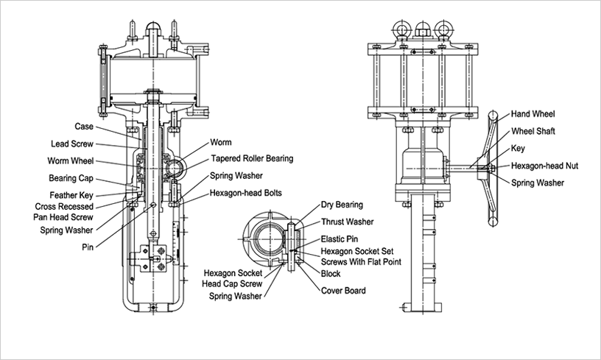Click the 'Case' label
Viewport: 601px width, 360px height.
(83, 126)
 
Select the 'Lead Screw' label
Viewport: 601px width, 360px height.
(71, 144)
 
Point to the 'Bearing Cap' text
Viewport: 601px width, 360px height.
(70, 178)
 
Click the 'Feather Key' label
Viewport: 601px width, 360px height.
(71, 195)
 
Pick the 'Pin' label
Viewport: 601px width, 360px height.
(87, 248)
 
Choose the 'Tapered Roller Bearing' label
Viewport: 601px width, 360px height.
(252, 158)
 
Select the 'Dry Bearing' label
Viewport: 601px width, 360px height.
(342, 205)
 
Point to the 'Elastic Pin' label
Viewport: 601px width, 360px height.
(340, 240)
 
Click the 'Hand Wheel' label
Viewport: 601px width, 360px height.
(535, 114)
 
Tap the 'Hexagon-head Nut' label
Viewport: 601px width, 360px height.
(545, 166)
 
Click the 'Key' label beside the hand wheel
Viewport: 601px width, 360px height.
(519, 148)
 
